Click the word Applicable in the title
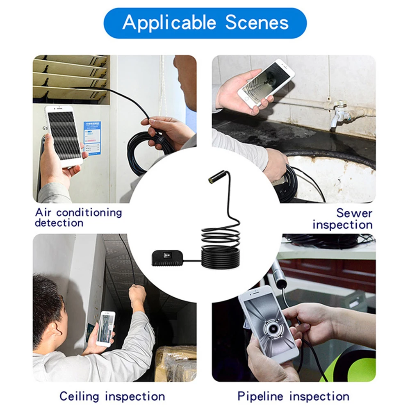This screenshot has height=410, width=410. coord(169,23)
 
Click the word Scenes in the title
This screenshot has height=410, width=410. coord(257,22)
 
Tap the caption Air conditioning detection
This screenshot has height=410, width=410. coord(78,218)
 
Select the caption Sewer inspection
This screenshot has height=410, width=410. coord(342,219)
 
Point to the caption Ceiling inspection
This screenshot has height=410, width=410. coord(112,396)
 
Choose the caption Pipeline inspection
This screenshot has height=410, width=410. coord(294,396)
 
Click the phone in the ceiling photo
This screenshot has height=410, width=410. coord(106,329)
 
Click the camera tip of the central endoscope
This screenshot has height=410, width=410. coord(210,180)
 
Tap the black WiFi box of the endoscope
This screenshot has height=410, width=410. coord(167,258)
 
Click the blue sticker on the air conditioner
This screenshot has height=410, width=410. coord(92,138)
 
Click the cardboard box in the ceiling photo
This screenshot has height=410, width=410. coord(176,363)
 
